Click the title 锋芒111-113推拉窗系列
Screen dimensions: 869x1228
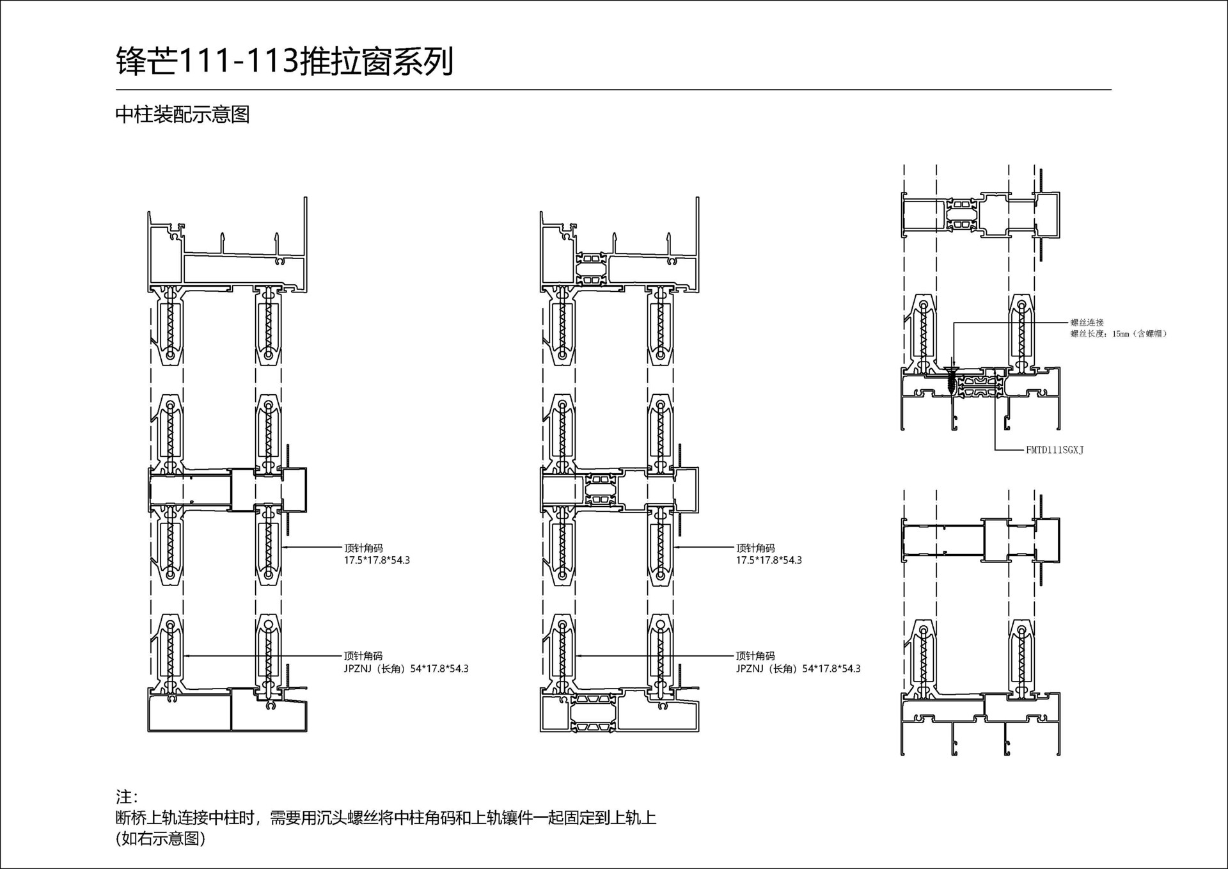(285, 62)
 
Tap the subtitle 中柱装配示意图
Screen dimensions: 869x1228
(182, 115)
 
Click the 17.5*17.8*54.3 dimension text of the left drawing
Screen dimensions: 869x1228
(377, 560)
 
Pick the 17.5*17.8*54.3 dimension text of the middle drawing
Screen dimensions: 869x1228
(768, 560)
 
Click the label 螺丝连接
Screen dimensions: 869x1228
(1087, 323)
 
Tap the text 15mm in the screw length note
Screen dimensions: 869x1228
(1121, 334)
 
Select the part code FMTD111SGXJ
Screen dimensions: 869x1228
(1054, 450)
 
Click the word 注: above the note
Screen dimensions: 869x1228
(126, 797)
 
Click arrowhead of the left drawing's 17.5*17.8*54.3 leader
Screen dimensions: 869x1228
(284, 547)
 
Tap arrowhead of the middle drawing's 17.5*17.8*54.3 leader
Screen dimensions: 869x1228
(676, 547)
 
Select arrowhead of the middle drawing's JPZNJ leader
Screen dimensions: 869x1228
(578, 656)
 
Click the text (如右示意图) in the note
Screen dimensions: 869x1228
(161, 838)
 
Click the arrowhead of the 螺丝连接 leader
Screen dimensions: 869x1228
(953, 365)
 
